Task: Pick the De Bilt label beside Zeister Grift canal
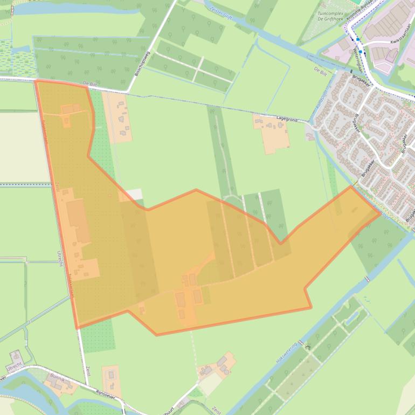[x=320, y=70]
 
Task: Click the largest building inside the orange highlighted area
[x=79, y=221]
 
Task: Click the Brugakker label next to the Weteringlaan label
[x=359, y=78]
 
